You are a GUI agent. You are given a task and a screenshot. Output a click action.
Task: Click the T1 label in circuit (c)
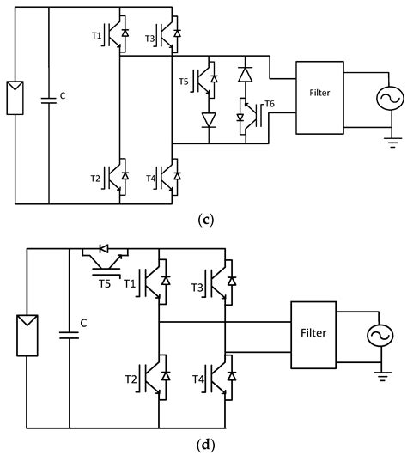click(96, 36)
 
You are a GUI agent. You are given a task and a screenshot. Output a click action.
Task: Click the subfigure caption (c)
click(205, 220)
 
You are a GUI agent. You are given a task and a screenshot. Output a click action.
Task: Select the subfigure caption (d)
click(205, 445)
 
